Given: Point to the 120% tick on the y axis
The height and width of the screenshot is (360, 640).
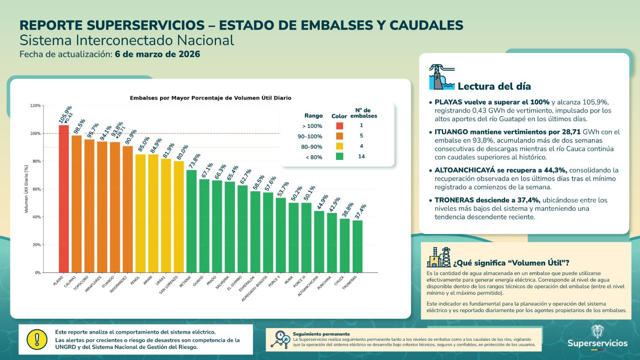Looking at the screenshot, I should [x=36, y=106].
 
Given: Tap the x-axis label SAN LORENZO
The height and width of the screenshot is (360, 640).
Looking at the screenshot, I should [x=169, y=285].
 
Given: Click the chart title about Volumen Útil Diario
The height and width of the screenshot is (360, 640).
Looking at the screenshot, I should [x=210, y=98].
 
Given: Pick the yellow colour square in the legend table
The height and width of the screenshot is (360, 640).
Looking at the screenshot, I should [x=339, y=146].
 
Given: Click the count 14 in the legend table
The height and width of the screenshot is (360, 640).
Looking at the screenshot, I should [x=361, y=156].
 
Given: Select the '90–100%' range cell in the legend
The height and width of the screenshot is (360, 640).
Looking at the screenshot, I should [x=310, y=136].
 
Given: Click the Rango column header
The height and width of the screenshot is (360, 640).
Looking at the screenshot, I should [x=313, y=116].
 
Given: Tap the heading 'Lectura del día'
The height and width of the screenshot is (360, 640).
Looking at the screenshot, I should [x=494, y=86].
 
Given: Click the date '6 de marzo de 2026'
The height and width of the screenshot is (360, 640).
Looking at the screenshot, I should [x=157, y=54].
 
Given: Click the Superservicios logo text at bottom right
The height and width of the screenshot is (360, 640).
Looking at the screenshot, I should [x=597, y=343].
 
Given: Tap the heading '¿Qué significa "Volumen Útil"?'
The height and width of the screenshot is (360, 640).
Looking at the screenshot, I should [x=511, y=263].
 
